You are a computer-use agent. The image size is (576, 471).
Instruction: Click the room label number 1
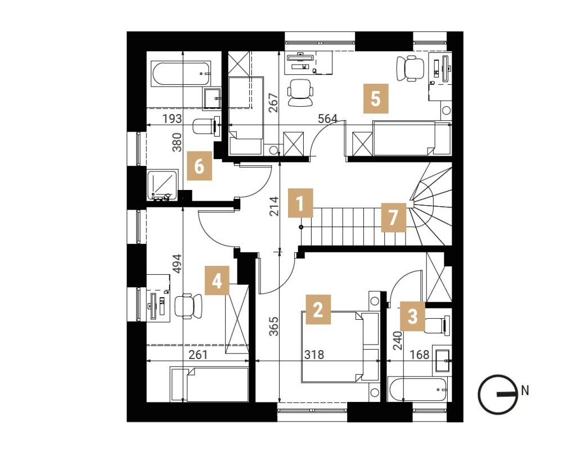pos(300,203)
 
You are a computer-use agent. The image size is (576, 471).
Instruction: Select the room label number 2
pos(318,310)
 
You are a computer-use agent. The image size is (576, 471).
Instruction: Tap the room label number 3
pos(412,316)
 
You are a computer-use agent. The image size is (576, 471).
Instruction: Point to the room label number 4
pos(217,280)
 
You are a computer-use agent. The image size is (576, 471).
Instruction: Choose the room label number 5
pos(375,98)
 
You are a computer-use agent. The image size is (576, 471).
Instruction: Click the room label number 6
pos(199,166)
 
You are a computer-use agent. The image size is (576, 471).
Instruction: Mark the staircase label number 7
pos(393,218)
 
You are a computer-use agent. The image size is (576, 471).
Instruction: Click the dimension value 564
pos(328,119)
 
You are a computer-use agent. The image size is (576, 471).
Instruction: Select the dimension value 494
pos(177,264)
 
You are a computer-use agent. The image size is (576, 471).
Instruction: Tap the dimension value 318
pos(314,355)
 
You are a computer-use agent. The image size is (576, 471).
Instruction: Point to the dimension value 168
pos(419,355)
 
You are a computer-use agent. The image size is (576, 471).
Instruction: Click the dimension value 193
pos(172,119)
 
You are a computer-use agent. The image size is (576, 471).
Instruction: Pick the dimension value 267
pos(274,103)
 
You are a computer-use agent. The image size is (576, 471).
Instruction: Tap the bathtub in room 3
pos(418,390)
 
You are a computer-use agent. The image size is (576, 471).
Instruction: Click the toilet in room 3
pos(438,324)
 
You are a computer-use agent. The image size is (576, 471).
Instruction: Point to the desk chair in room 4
pos(188,306)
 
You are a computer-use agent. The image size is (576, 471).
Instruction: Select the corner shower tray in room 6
pos(163,185)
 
